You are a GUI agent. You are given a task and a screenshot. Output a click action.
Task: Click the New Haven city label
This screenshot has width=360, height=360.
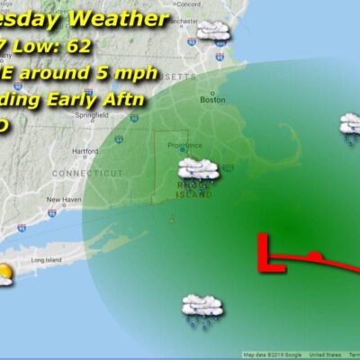tap(65, 200)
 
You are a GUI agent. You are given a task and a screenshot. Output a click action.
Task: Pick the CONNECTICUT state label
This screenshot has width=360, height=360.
tap(86, 172)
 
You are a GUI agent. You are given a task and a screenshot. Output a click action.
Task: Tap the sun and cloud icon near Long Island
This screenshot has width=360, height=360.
tap(4, 274)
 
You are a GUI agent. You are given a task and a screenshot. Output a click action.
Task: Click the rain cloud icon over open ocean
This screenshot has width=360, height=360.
tap(202, 308)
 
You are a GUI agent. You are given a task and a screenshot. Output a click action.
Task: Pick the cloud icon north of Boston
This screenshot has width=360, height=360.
tap(214, 32)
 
